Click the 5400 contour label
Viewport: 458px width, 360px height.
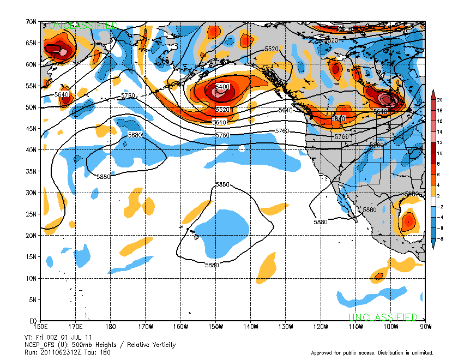pyautogui.click(x=222, y=87)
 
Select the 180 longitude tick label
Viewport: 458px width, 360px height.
pyautogui.click(x=111, y=327)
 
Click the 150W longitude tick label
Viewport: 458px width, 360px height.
pyautogui.click(x=216, y=327)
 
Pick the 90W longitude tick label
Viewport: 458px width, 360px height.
pyautogui.click(x=425, y=327)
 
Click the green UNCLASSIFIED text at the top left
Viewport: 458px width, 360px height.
pyautogui.click(x=83, y=26)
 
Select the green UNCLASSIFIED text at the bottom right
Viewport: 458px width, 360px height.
pyautogui.click(x=383, y=317)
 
